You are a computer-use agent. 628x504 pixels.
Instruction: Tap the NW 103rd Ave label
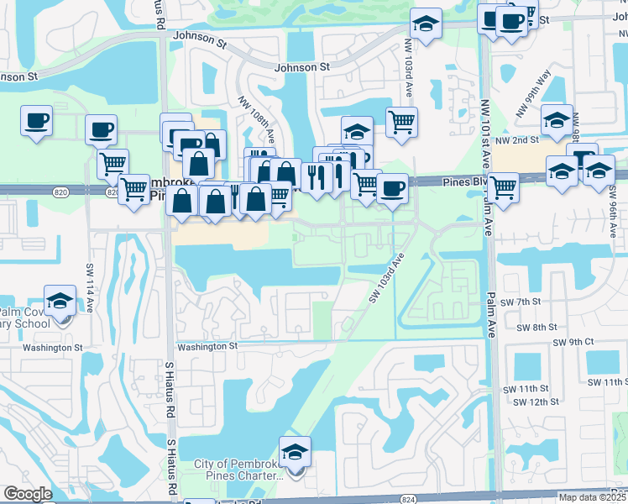click(410, 62)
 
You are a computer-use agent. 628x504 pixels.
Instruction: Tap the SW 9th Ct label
click(573, 342)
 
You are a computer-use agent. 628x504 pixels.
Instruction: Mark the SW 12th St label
click(538, 402)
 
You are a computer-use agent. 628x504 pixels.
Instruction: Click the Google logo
click(28, 494)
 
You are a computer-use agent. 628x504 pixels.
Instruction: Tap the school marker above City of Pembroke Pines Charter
click(295, 452)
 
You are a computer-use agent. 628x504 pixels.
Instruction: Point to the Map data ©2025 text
click(593, 497)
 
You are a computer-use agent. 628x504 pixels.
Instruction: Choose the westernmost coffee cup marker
click(36, 121)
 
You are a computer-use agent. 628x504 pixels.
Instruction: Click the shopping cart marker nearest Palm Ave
click(503, 187)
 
